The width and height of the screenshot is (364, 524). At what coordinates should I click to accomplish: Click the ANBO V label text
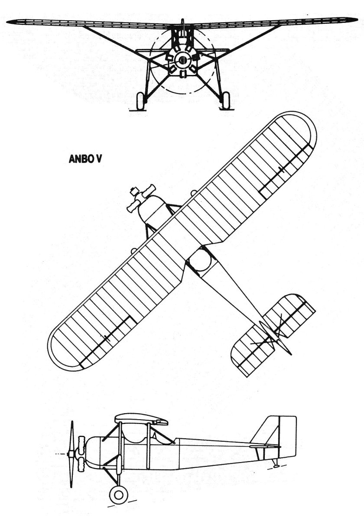tap(85, 159)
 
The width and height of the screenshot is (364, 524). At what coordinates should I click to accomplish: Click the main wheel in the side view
tap(117, 494)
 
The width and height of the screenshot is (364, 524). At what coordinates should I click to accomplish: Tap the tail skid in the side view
tap(276, 464)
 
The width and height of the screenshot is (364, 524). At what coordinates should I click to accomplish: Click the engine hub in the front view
tap(182, 60)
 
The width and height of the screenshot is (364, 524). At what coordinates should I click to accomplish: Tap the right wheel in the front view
tap(226, 100)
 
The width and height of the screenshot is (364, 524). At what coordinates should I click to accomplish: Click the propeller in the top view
tap(140, 197)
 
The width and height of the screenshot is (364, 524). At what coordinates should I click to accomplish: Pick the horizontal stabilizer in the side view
tap(264, 445)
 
